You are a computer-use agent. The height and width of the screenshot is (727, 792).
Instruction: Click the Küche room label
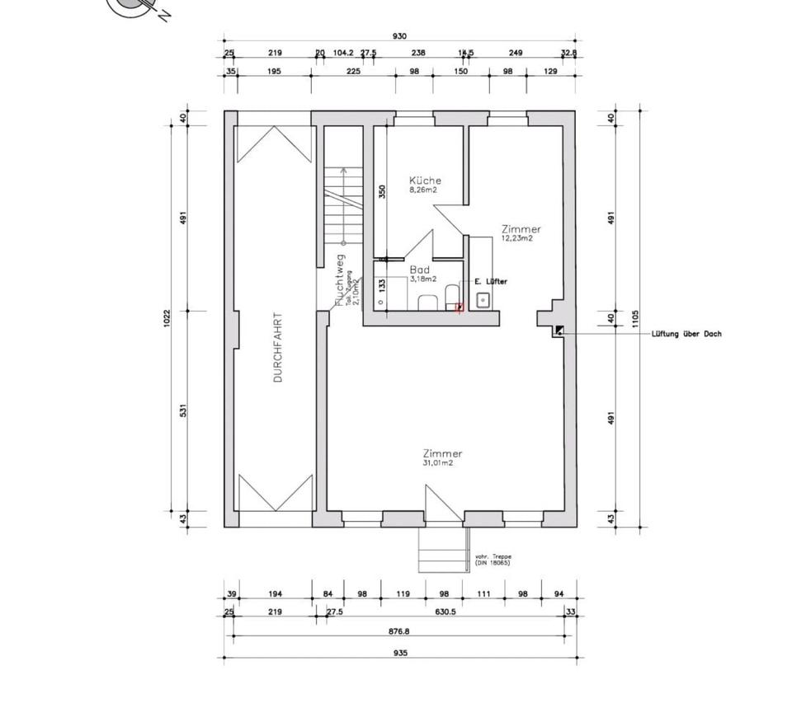(x=425, y=181)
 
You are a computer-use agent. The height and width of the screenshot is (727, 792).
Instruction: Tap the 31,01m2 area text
(x=437, y=463)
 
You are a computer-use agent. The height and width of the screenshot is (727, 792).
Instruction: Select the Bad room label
(x=419, y=270)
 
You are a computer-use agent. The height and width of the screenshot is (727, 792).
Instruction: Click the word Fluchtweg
(x=339, y=279)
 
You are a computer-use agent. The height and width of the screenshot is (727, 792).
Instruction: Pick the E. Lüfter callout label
(x=491, y=282)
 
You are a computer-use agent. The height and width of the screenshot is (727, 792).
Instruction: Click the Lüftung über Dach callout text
(x=686, y=334)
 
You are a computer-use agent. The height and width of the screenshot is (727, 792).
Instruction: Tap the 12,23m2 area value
(x=517, y=238)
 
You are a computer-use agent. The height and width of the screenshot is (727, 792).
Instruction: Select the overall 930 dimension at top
(x=399, y=36)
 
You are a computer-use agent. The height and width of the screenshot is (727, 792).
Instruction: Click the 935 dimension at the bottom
(x=399, y=652)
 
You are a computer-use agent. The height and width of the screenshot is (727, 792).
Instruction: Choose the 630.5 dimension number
(x=441, y=612)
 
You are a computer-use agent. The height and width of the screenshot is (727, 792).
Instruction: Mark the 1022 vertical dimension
(x=166, y=319)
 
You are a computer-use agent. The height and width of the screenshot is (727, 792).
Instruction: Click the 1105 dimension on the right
(x=634, y=319)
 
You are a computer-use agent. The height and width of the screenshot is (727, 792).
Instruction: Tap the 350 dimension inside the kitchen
(x=382, y=192)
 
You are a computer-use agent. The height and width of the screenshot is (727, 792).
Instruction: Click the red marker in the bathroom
(x=460, y=307)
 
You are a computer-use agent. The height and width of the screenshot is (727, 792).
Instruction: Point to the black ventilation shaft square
(x=559, y=331)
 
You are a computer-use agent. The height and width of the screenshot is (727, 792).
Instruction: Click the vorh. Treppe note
(x=493, y=560)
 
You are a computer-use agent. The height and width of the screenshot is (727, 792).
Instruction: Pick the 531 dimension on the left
(x=185, y=410)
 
